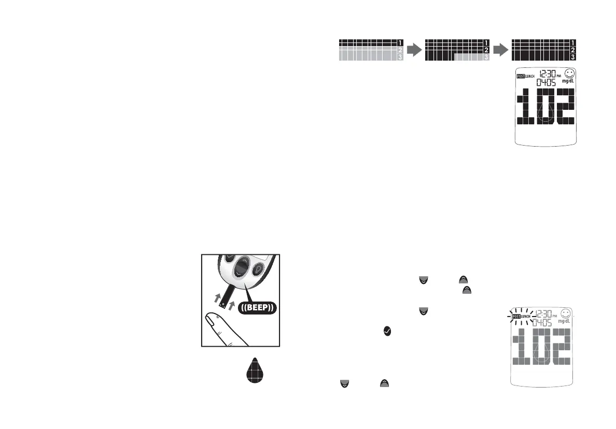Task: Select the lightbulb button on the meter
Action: coord(258,270)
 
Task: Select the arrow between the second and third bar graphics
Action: coord(500,50)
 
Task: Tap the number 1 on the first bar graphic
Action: coord(400,42)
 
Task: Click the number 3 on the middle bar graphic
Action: coord(486,58)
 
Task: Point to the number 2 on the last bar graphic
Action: coord(572,50)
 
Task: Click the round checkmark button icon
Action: coord(387,330)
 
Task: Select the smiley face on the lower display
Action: coord(567,314)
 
